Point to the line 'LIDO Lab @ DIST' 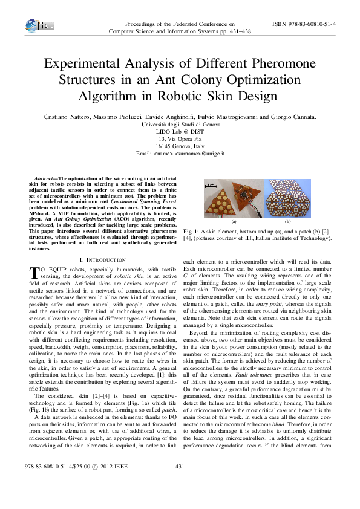pyautogui.click(x=180, y=131)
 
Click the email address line pyautogui.click(x=180, y=154)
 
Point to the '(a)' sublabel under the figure pyautogui.click(x=232, y=223)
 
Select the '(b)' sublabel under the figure pyautogui.click(x=287, y=223)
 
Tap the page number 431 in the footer pyautogui.click(x=180, y=484)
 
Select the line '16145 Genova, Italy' pyautogui.click(x=180, y=146)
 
